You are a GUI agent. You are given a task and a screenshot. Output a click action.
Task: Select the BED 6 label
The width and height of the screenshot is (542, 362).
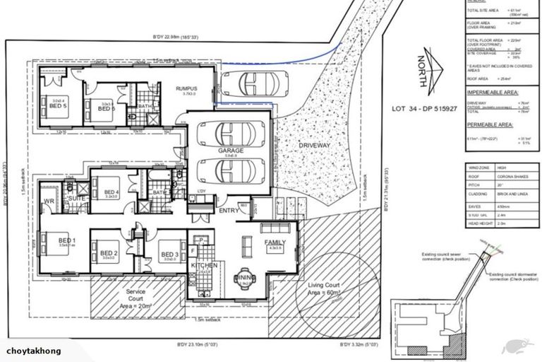tap(107, 109)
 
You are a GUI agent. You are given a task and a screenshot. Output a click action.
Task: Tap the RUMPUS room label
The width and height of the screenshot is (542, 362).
tap(186, 88)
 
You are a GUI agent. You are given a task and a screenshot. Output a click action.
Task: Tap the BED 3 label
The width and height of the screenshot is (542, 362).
tap(168, 254)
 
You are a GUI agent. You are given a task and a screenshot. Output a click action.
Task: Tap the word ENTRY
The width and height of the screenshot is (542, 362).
tap(229, 210)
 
